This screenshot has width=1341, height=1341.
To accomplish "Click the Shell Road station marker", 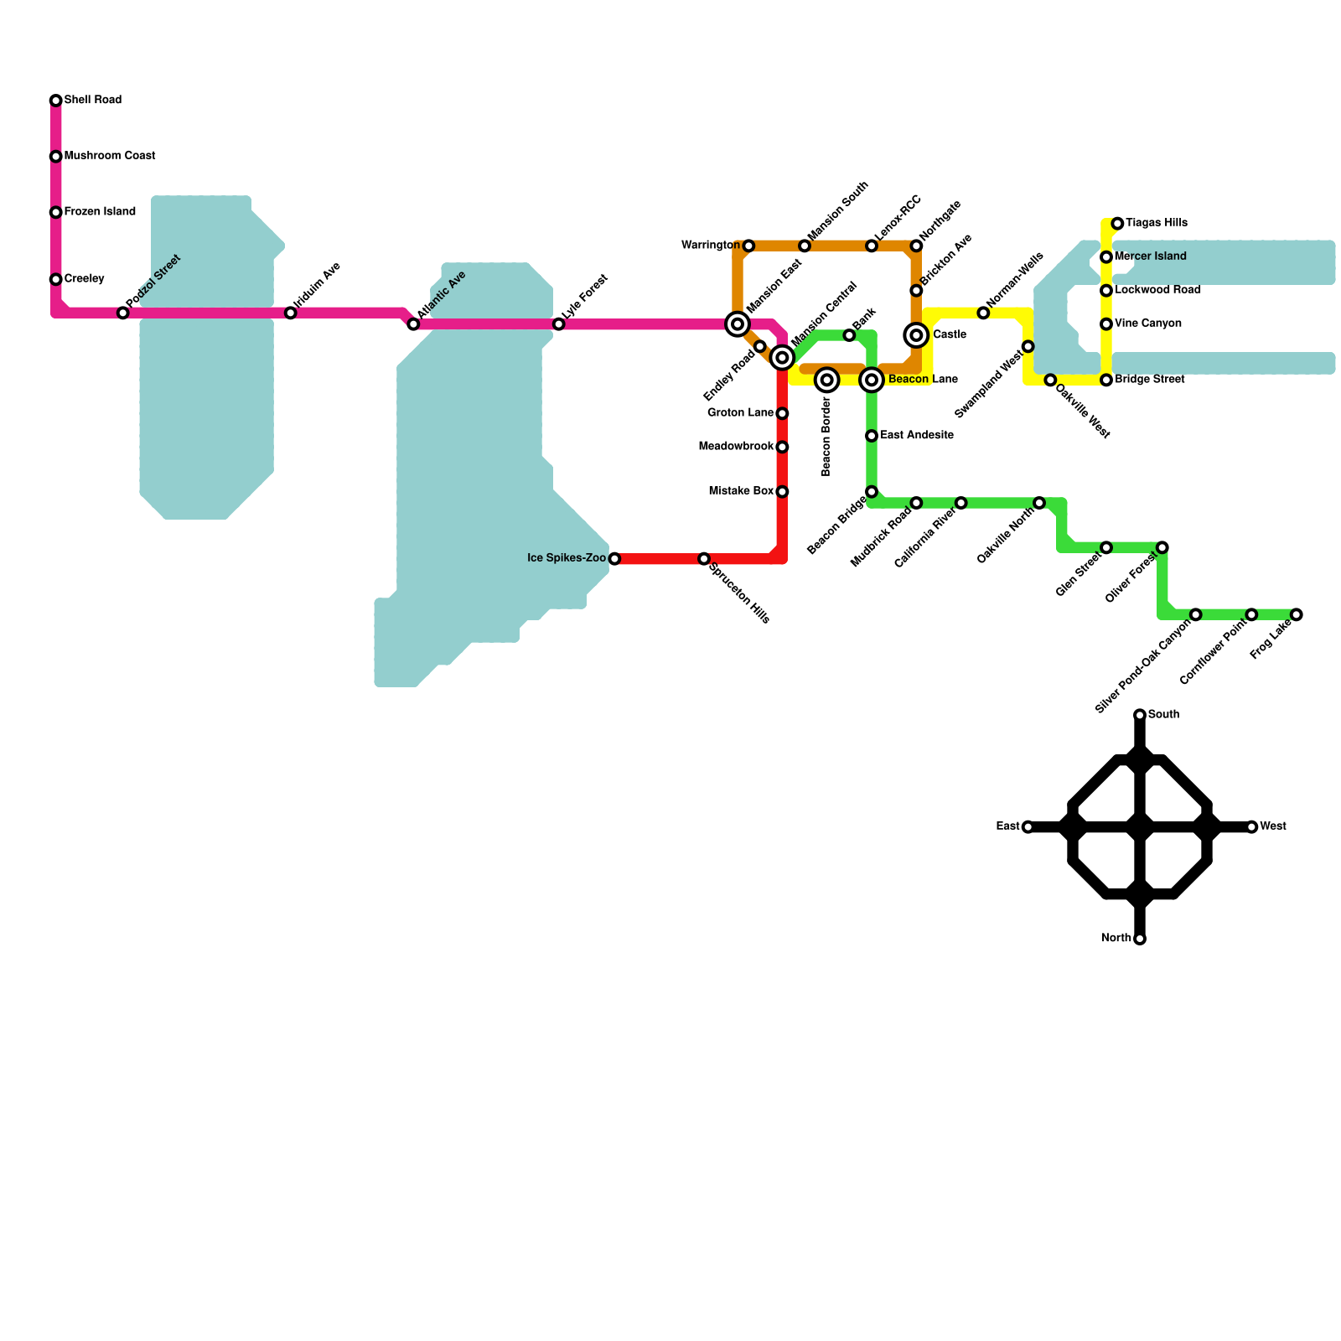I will coord(56,101).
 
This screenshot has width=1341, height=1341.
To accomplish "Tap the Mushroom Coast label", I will coord(110,156).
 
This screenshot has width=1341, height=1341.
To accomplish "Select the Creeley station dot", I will coord(56,279).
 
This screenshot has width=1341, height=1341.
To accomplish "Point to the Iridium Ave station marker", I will coord(291,313).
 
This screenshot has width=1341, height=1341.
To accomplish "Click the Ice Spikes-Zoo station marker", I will coord(614,558).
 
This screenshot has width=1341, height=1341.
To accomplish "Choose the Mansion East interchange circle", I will coord(738,324).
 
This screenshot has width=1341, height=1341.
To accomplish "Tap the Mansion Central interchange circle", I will coord(782,358).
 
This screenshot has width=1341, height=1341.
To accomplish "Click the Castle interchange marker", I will coord(916,335).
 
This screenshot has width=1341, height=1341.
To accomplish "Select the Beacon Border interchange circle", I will coord(827,380).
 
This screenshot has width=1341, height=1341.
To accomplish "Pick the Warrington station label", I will coord(711,246).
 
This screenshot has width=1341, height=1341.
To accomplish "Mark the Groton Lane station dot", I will coord(782,413).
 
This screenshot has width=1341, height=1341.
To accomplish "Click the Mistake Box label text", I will coord(741,491).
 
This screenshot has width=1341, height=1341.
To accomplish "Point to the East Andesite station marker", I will coord(872,436).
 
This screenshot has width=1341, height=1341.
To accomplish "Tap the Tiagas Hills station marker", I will coord(1117,224).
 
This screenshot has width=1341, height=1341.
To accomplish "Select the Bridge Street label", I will coord(1150,380).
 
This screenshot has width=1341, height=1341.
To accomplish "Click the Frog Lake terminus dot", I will coord(1297,614).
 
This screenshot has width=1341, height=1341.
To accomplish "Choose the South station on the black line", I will coord(1140,715).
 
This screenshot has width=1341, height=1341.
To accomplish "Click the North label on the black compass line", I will coord(1116,938).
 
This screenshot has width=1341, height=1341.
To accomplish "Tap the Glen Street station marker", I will coord(1106,547).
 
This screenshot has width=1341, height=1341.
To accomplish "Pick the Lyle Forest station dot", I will coord(559,324).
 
